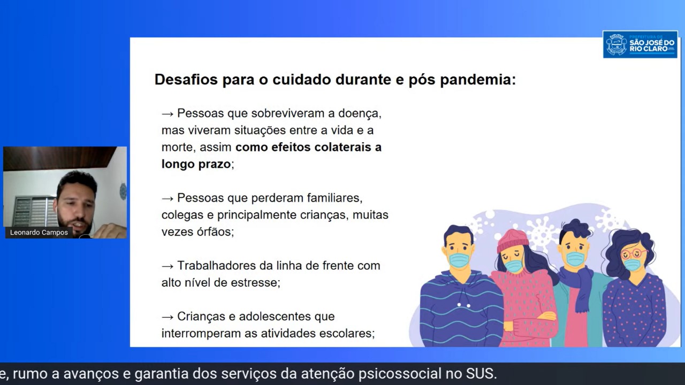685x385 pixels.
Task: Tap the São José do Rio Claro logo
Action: (x=640, y=44)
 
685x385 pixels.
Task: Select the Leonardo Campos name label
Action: (x=39, y=233)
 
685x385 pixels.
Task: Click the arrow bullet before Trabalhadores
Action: (x=168, y=266)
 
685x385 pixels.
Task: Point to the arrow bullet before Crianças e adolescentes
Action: (x=168, y=317)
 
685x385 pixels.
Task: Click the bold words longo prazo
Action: (x=196, y=164)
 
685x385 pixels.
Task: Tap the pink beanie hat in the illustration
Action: (x=512, y=240)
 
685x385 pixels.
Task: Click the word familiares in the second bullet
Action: (x=334, y=198)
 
